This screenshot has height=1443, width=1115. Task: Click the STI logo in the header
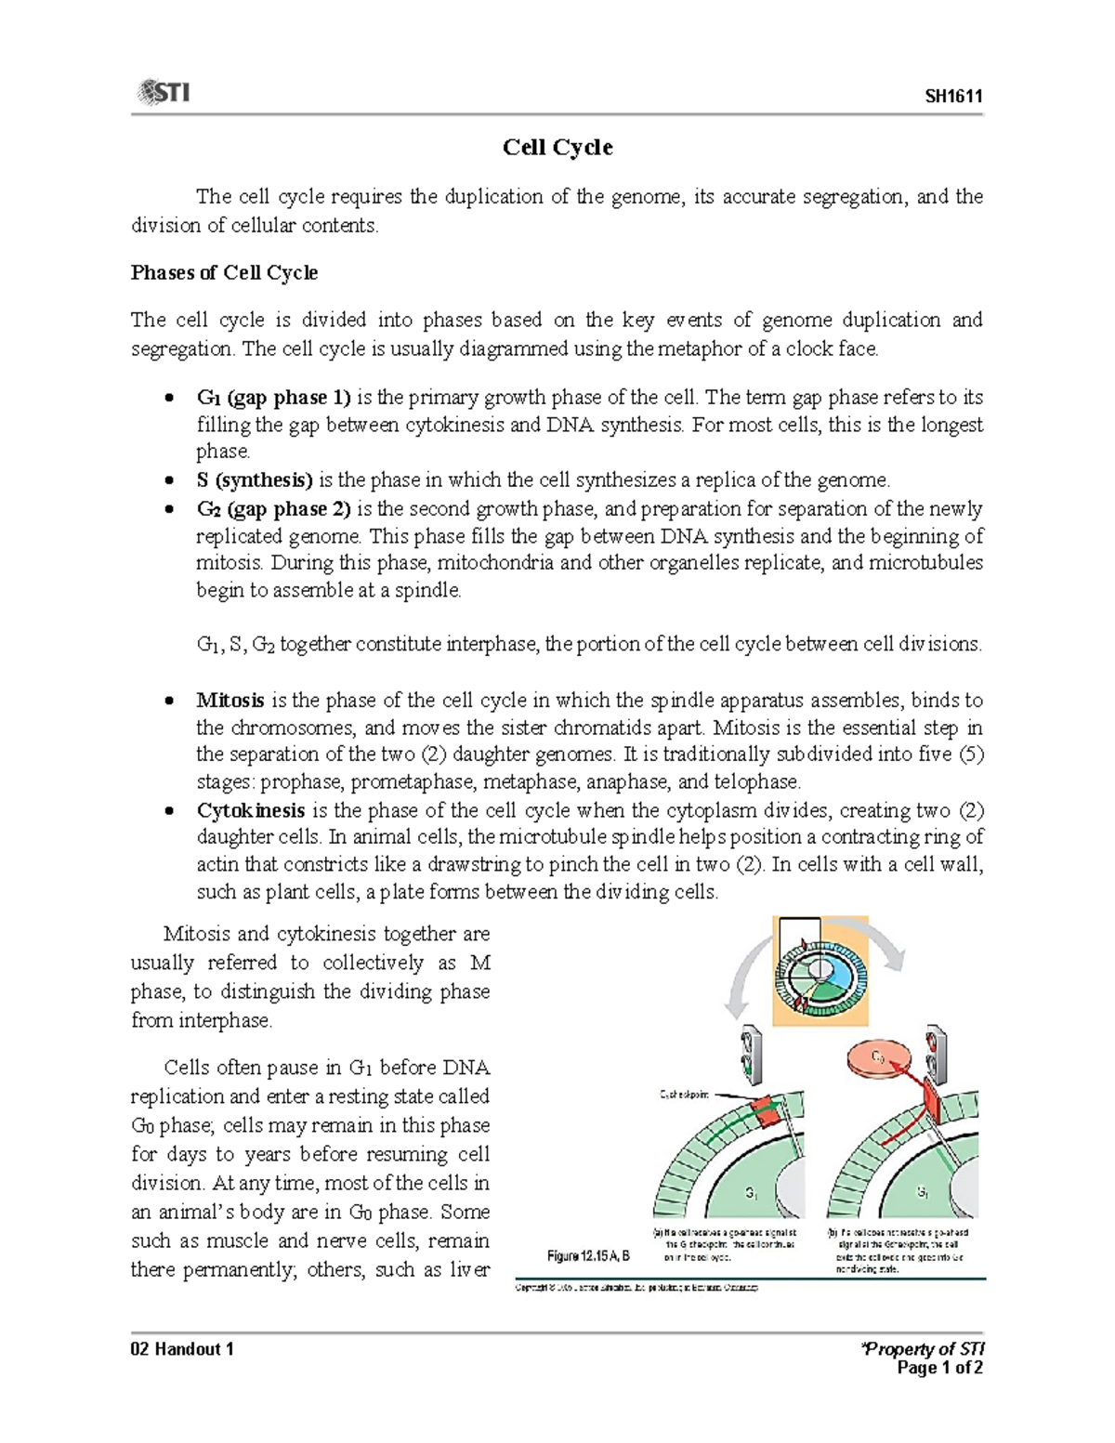(x=164, y=92)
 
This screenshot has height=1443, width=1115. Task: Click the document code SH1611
(x=953, y=97)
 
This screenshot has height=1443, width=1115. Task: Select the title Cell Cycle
(x=557, y=148)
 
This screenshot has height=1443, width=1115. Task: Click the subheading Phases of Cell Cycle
(x=224, y=273)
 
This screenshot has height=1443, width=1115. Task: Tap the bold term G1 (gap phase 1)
(x=273, y=398)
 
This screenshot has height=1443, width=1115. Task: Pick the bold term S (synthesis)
(x=254, y=480)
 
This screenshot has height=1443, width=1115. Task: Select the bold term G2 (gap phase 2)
(x=273, y=509)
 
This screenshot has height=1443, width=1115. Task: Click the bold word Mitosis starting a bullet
(x=230, y=701)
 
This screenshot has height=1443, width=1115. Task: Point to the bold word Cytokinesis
(x=250, y=810)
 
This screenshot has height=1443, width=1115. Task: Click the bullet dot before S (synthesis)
(x=168, y=480)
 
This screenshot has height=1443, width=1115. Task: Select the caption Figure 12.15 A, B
(x=588, y=1255)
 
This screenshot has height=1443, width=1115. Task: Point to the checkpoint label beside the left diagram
(x=684, y=1095)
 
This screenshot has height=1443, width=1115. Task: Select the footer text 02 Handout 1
(x=182, y=1349)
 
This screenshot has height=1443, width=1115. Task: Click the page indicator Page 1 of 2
(x=939, y=1368)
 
